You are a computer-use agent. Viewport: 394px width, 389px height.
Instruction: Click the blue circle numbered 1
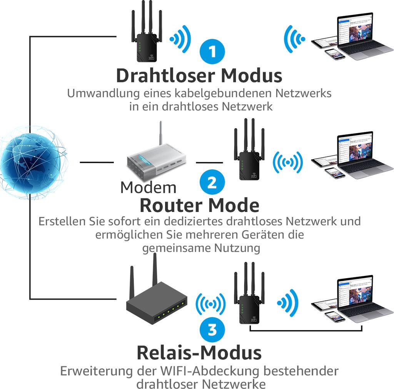coord(212,52)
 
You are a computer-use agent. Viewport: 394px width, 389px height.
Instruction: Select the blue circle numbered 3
coord(212,329)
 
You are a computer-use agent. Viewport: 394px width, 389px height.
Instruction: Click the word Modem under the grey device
coord(148,187)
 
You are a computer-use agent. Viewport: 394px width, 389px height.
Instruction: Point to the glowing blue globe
coord(31,162)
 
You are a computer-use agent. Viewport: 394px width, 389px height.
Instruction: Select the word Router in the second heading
coord(168,205)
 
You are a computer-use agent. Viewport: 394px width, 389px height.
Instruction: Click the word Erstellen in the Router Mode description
coord(57,222)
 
